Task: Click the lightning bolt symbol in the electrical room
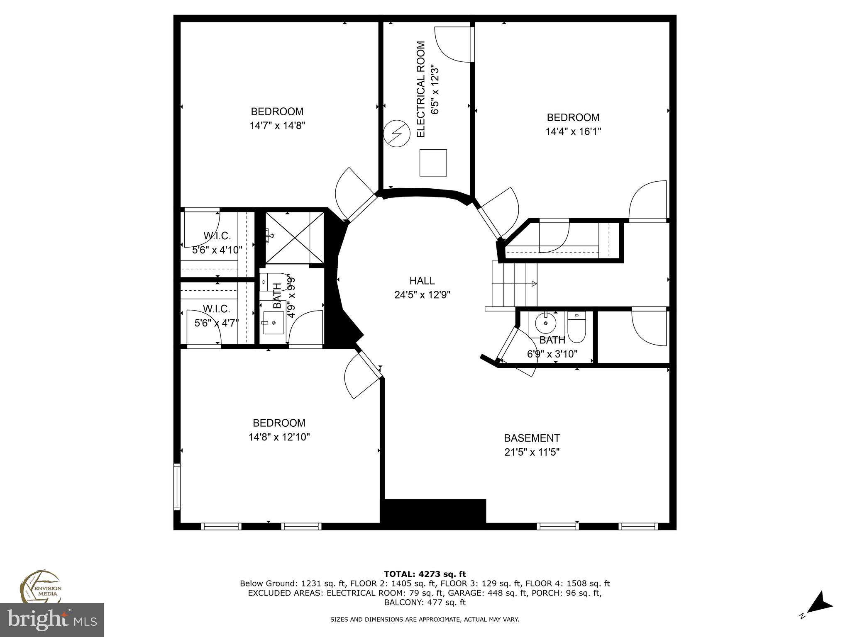click(x=396, y=134)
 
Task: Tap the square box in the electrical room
click(x=433, y=163)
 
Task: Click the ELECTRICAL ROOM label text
click(x=421, y=89)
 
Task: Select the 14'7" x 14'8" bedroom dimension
click(x=277, y=126)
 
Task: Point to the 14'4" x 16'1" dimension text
click(x=573, y=131)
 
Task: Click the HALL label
click(x=422, y=281)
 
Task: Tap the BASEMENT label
click(x=532, y=438)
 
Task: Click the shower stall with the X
click(x=294, y=238)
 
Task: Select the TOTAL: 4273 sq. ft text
click(x=425, y=574)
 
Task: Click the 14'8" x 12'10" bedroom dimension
click(x=279, y=437)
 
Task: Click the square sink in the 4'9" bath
click(x=274, y=323)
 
